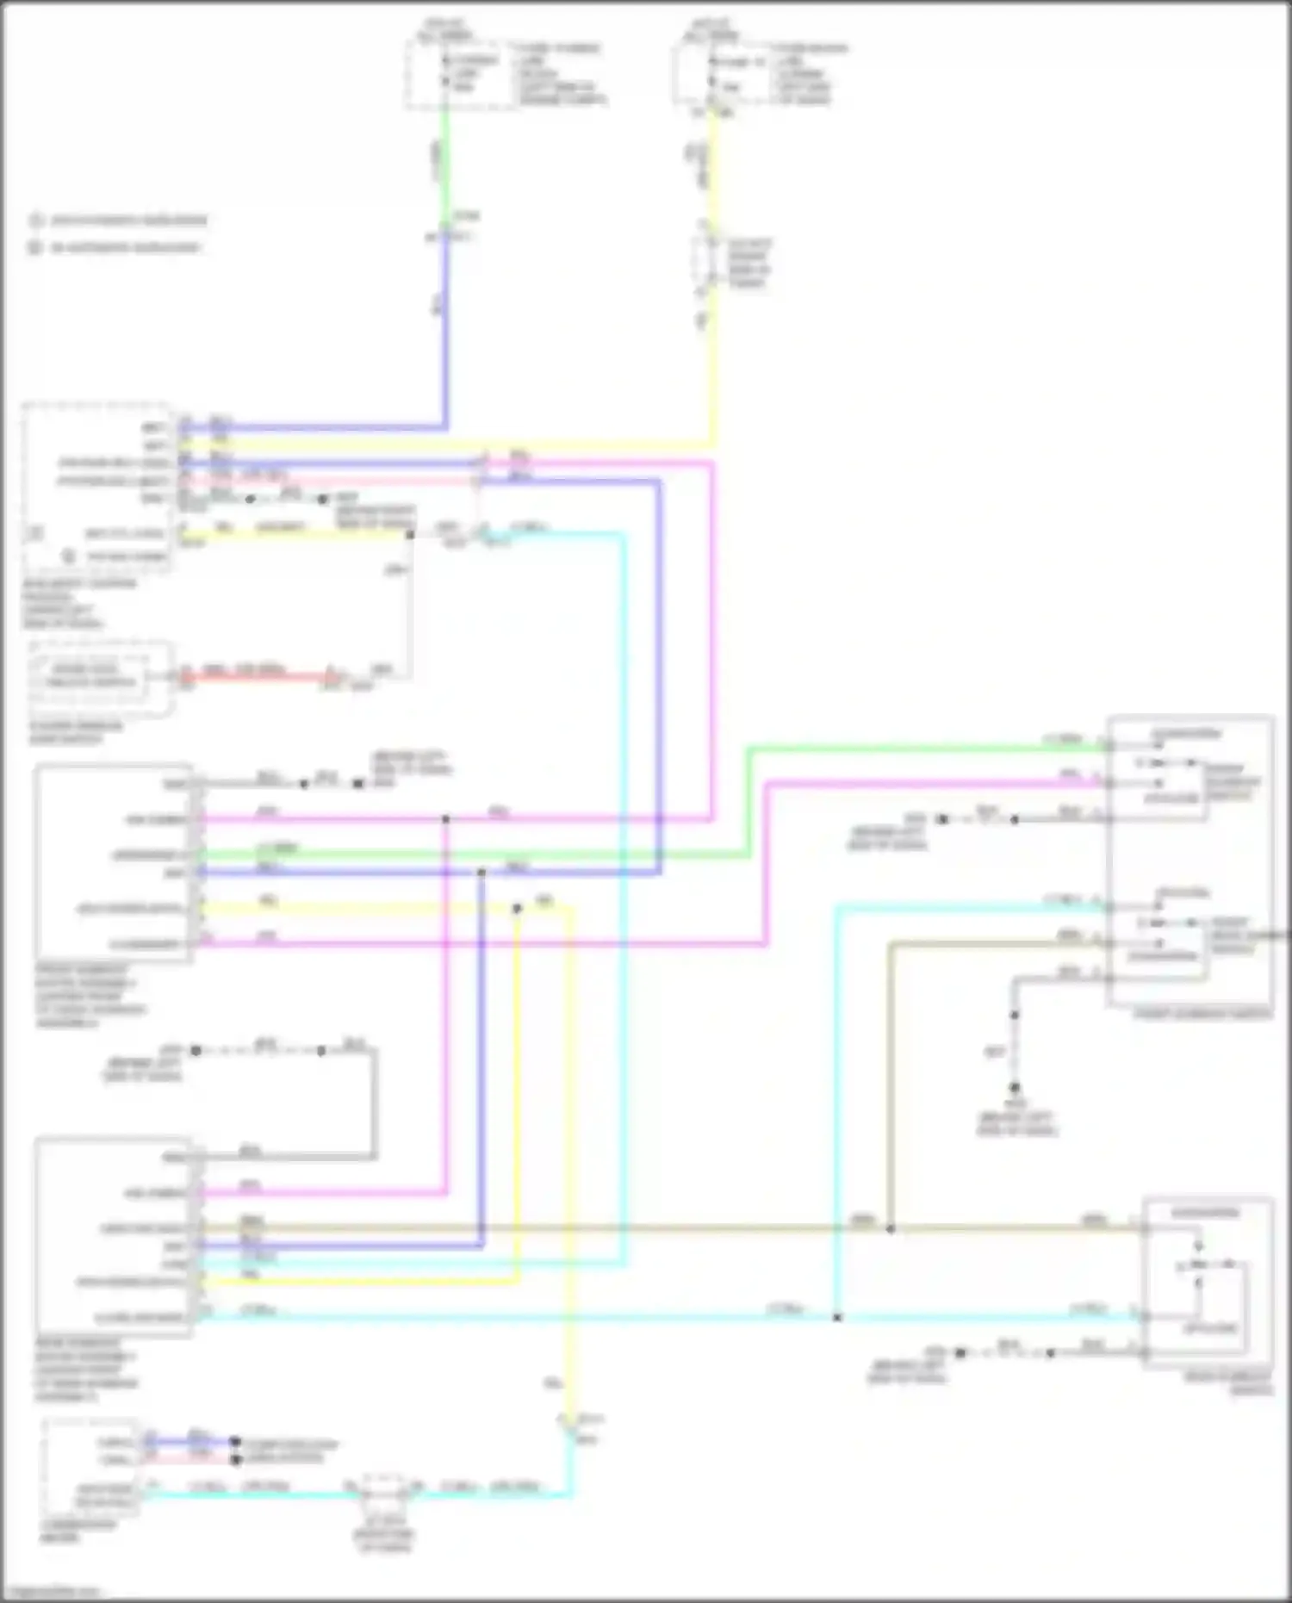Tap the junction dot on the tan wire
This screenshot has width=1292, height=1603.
891,1228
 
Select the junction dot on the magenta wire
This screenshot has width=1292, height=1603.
445,819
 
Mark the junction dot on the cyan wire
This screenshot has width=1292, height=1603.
836,1317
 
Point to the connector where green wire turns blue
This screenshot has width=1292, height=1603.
446,234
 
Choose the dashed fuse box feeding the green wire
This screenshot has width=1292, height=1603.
462,75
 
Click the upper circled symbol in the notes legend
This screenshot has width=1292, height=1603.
35,221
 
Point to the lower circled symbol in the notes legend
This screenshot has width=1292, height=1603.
35,248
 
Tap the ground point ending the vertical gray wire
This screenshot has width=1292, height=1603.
1015,1088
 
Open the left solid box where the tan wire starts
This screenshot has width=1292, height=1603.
113,1237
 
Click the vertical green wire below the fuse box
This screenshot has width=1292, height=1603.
444,164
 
